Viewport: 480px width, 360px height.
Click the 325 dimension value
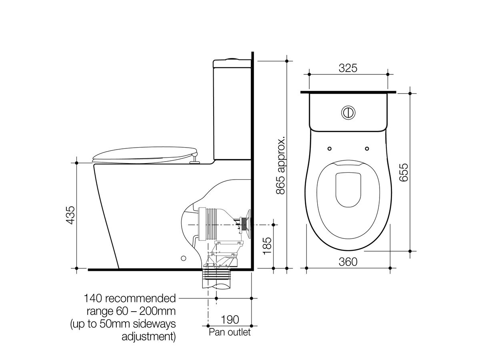[348, 68]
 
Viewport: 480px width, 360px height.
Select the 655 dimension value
[404, 172]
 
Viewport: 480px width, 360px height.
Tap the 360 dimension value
[348, 262]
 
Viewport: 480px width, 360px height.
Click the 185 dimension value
[267, 244]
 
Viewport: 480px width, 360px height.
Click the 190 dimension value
[230, 320]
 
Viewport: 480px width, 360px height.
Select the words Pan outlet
[230, 332]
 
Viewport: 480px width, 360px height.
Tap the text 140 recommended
[130, 298]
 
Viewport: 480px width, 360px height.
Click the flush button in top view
[348, 112]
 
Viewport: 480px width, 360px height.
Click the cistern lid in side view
[232, 63]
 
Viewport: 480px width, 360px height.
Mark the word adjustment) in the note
[148, 336]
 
